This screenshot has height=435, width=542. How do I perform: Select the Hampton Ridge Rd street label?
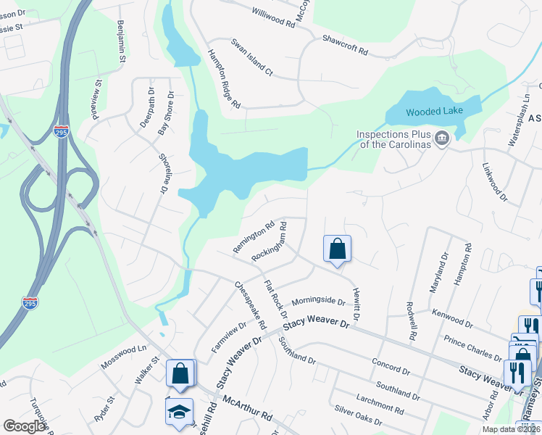224,79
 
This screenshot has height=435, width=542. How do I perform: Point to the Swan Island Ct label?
251,57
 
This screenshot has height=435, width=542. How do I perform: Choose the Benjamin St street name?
121,41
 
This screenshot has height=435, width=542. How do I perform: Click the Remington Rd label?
253,236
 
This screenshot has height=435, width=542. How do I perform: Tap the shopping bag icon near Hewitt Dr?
337,249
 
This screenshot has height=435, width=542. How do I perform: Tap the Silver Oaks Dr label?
358,420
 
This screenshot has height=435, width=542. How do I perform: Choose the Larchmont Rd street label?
380,404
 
